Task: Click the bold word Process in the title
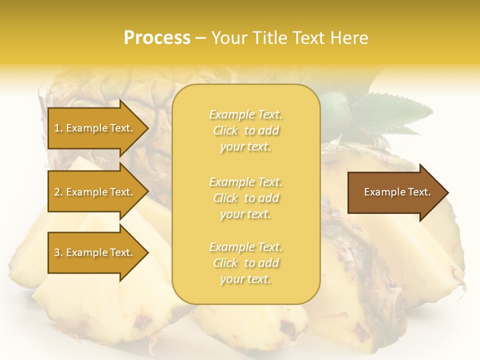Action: coord(157,38)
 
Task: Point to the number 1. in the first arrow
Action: coord(58,128)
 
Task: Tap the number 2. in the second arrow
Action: coord(58,192)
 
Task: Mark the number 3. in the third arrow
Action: coord(58,252)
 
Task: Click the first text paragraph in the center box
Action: coord(245,130)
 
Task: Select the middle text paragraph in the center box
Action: coord(245,198)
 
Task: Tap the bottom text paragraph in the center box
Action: coord(245,263)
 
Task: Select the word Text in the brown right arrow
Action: coord(419,192)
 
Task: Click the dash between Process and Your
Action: coord(200,38)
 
